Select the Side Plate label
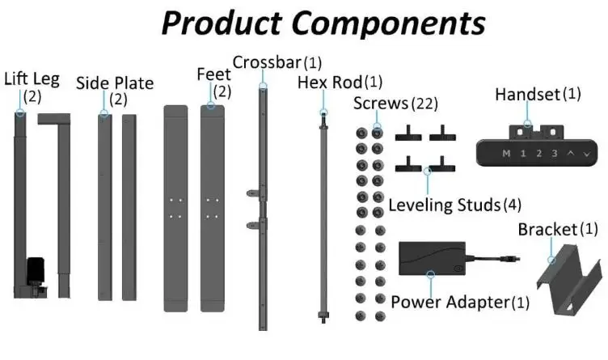114,83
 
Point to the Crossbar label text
265,62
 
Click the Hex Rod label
329,83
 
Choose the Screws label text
381,104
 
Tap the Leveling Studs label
443,205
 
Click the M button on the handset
506,153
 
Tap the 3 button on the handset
554,153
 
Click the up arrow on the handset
570,153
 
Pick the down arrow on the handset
585,153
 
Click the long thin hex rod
324,218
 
